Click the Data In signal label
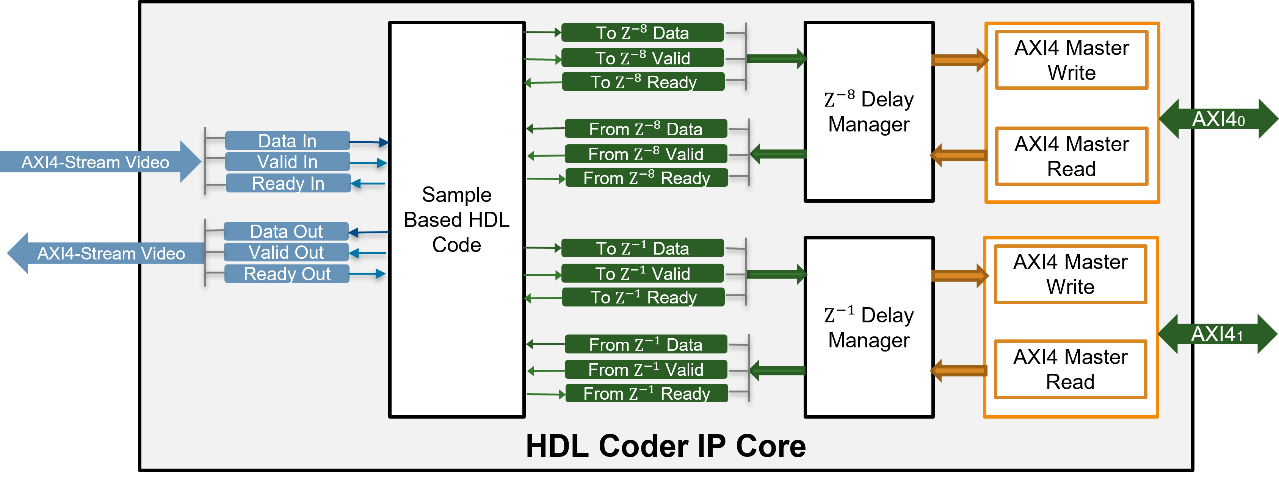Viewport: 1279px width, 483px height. pyautogui.click(x=287, y=141)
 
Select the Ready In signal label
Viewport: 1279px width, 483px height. pyautogui.click(x=288, y=183)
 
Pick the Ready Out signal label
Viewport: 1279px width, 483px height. pyautogui.click(x=287, y=274)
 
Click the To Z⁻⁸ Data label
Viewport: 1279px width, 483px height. pyautogui.click(x=642, y=33)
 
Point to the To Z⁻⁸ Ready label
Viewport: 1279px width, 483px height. pyautogui.click(x=643, y=82)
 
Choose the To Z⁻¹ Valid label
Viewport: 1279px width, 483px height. pyautogui.click(x=643, y=274)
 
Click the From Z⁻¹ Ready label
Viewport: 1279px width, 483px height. pyautogui.click(x=646, y=393)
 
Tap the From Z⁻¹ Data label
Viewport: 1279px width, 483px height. pyautogui.click(x=646, y=344)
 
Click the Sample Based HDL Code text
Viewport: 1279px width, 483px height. pyautogui.click(x=457, y=219)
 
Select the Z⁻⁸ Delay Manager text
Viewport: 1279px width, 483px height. pyautogui.click(x=869, y=112)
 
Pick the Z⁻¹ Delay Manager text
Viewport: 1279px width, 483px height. pyautogui.click(x=869, y=328)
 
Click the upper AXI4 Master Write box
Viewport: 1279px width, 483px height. pyautogui.click(x=1072, y=60)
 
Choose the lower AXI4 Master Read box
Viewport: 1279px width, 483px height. pyautogui.click(x=1070, y=369)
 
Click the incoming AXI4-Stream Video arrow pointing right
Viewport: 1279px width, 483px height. pyautogui.click(x=99, y=162)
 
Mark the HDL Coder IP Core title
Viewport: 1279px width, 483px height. pyautogui.click(x=665, y=446)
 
